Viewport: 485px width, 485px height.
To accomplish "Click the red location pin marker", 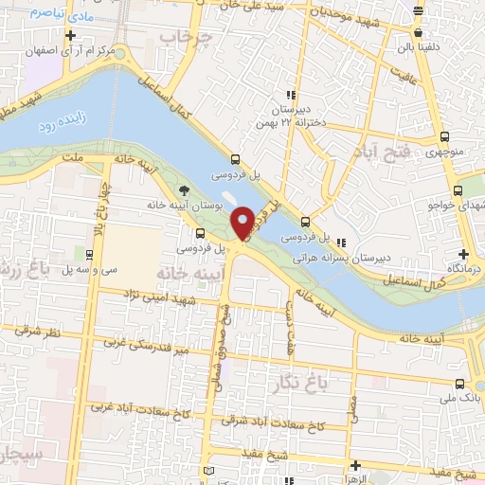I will [x=242, y=223].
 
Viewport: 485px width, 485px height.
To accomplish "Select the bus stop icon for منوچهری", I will [x=460, y=136].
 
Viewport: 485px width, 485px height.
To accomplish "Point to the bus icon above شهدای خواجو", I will [x=460, y=189].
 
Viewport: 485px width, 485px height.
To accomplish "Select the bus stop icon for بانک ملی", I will [x=460, y=384].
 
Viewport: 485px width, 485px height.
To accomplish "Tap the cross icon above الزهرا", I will [x=355, y=465].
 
